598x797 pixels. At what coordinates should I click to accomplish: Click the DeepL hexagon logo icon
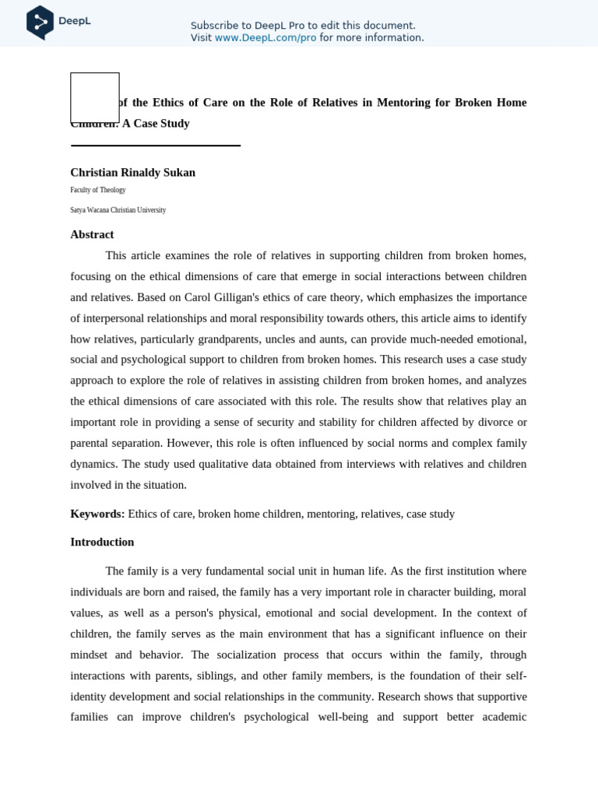point(40,22)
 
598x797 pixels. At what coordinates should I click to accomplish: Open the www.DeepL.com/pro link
point(266,38)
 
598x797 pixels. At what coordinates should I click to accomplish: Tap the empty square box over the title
point(95,98)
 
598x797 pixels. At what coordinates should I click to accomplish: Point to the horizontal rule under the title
point(156,146)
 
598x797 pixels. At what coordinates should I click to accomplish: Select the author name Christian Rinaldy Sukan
point(132,173)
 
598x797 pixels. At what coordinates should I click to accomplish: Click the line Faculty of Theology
point(98,190)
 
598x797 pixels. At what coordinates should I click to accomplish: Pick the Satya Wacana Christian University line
point(118,210)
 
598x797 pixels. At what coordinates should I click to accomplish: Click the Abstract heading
point(92,234)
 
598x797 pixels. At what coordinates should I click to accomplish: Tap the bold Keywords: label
point(97,514)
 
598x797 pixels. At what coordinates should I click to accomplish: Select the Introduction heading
point(102,542)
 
